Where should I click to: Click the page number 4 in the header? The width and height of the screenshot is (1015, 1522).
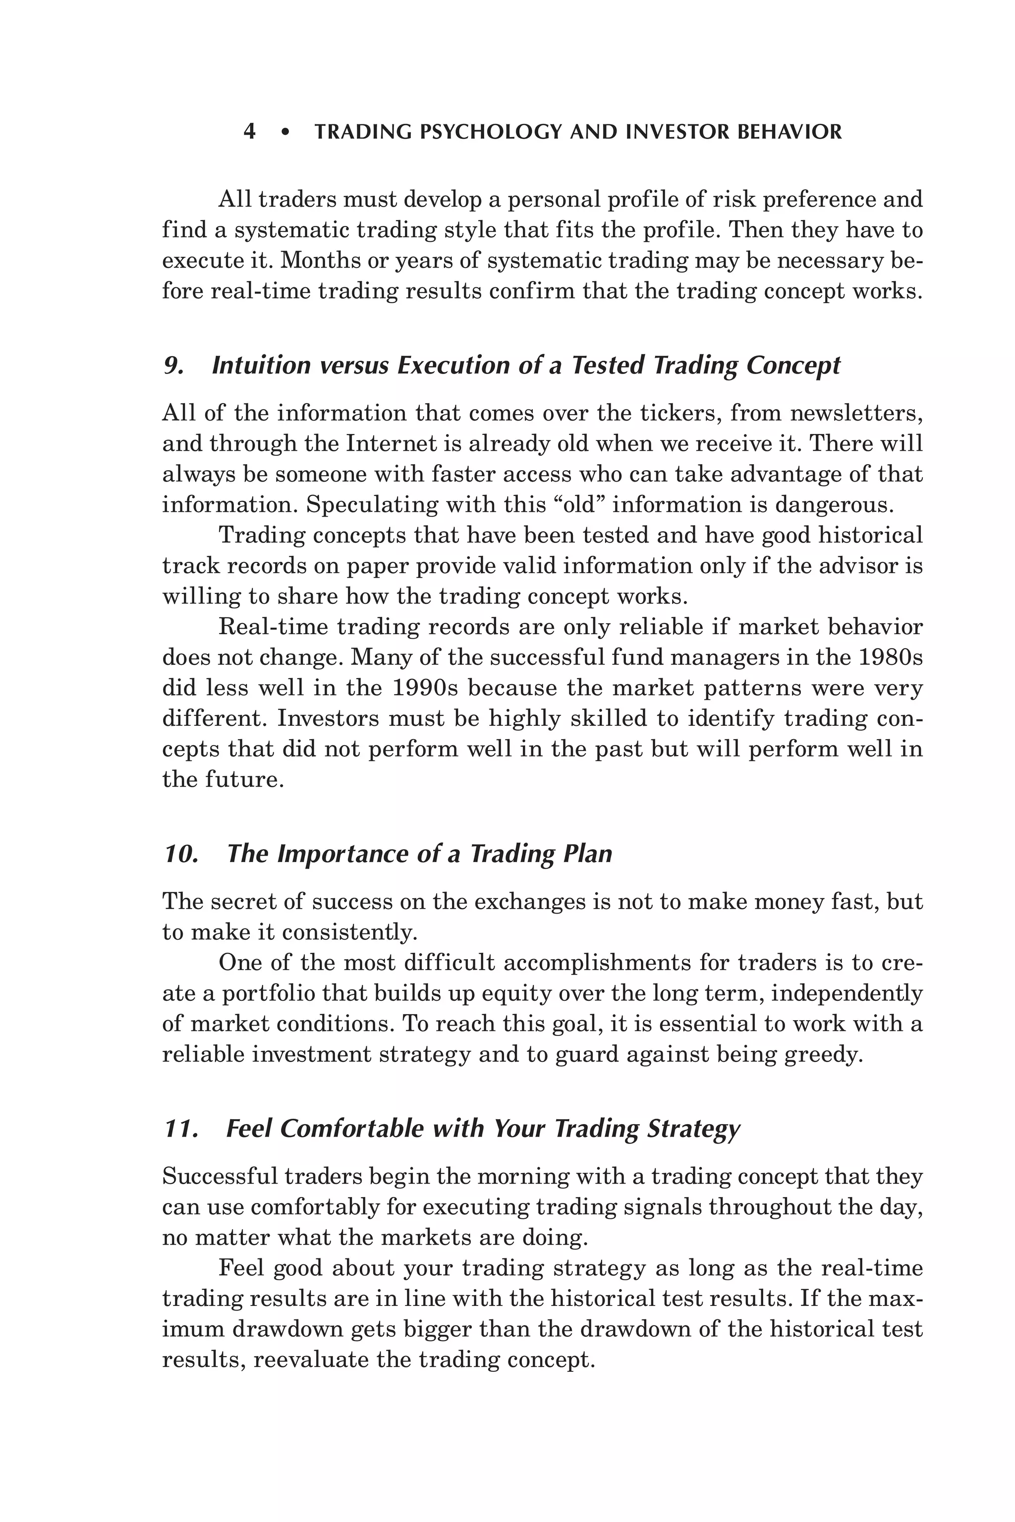pos(249,132)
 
